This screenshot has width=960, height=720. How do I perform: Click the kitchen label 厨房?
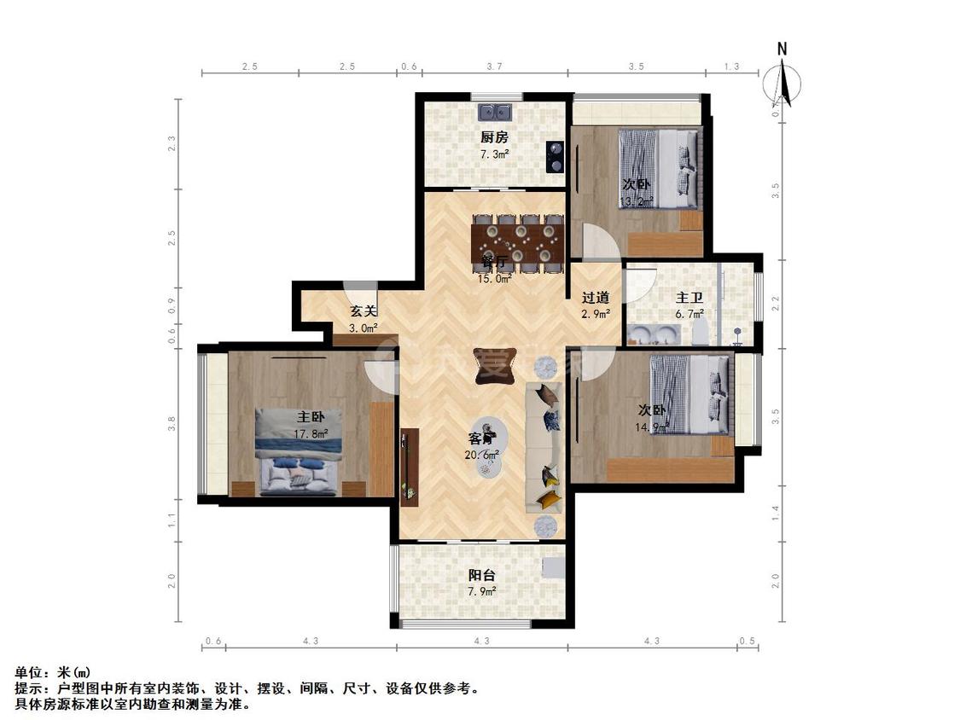(494, 136)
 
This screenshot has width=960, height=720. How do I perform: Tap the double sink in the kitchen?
(494, 112)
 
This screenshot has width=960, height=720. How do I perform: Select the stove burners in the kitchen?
(556, 156)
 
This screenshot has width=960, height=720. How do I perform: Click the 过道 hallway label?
(595, 298)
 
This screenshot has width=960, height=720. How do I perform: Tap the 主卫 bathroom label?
(689, 298)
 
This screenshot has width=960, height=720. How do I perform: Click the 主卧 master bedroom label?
(311, 417)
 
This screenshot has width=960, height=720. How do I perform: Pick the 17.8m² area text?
(311, 433)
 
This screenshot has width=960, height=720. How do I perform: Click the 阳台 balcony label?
(482, 575)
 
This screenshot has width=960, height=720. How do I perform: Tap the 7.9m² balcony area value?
(482, 590)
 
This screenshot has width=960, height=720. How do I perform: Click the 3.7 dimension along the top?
(494, 67)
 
